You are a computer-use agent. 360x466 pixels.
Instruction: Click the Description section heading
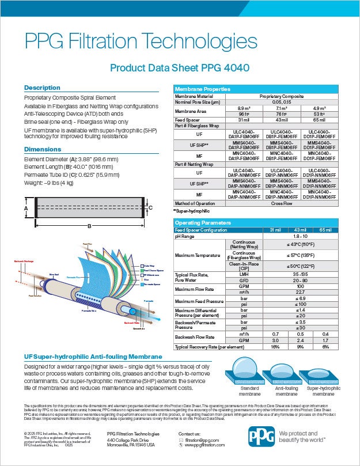[x=41, y=88]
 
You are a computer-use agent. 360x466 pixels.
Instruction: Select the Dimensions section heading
[x=42, y=149]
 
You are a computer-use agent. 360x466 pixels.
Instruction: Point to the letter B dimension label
[x=89, y=226]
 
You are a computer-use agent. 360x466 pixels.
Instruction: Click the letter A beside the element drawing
[x=26, y=208]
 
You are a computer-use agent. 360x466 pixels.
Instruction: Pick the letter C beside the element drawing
[x=151, y=207]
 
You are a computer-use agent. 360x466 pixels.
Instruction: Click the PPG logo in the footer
[x=262, y=437]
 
